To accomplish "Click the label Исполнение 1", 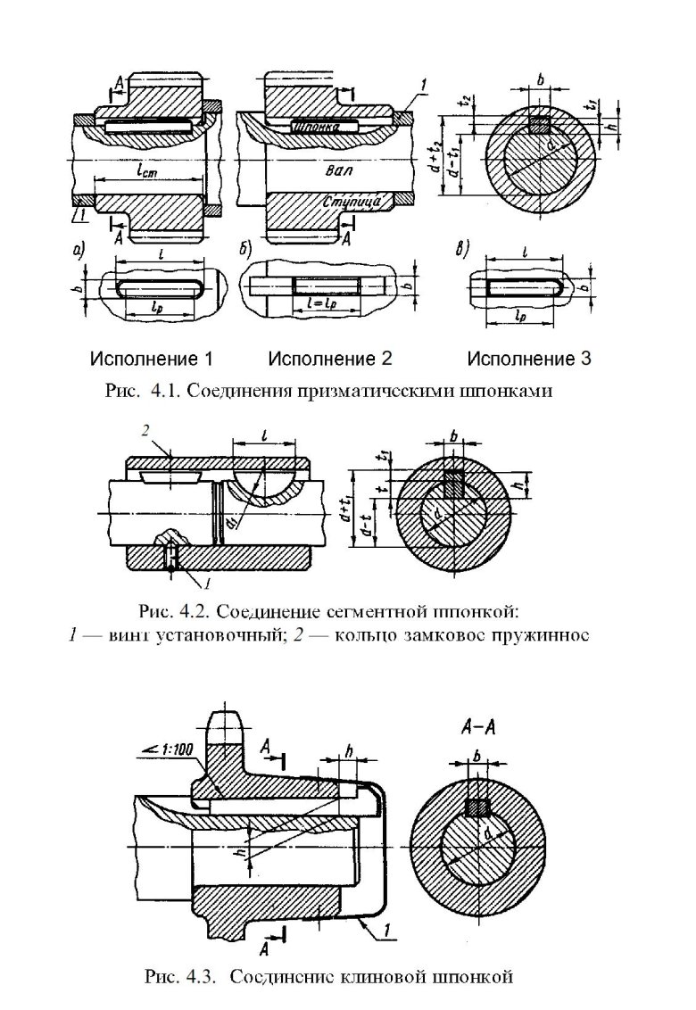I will tap(151, 360).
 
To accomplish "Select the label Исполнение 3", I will tap(528, 360).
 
